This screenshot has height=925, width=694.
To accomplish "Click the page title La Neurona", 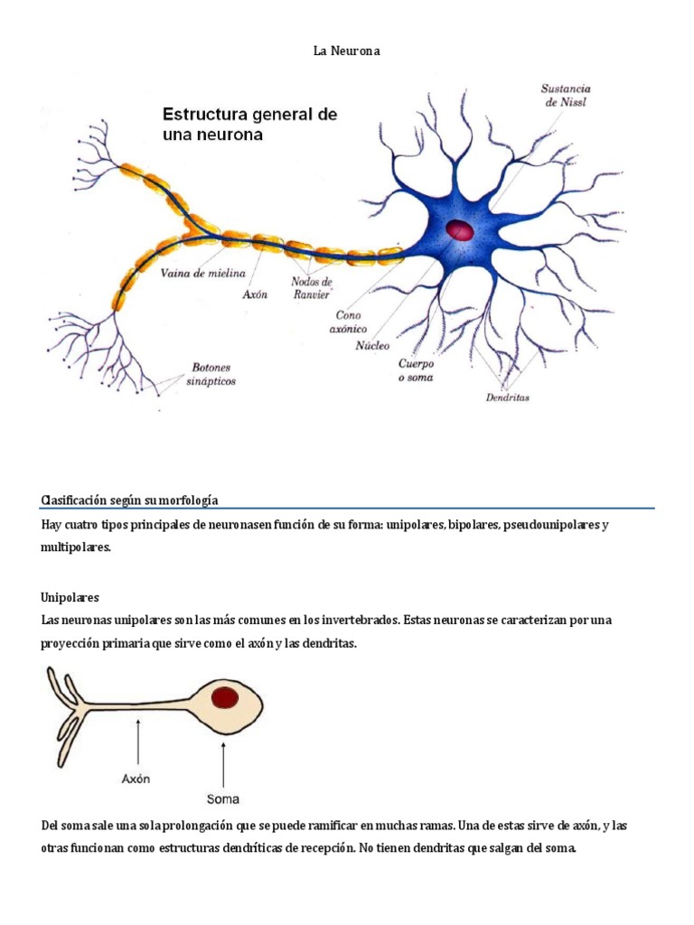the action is (346, 51).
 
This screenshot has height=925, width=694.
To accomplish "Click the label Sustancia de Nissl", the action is (566, 95).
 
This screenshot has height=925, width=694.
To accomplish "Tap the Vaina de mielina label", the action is (203, 273).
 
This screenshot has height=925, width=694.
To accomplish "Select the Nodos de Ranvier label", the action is (312, 288).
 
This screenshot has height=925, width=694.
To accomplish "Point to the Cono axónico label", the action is (348, 322).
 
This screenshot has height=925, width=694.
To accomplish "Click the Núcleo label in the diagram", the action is (372, 346).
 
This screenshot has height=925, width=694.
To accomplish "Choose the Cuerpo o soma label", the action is (416, 370).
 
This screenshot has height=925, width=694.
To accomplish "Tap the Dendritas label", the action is (508, 397).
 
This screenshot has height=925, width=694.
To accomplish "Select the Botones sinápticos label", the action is (211, 374).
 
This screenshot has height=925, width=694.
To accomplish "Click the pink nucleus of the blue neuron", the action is (460, 230).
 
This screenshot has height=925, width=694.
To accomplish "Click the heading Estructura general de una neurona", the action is (249, 124).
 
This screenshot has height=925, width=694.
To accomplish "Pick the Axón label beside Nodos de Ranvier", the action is (255, 294).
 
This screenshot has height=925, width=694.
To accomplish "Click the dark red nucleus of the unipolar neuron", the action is (225, 698).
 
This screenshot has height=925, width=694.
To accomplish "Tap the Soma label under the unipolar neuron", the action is (223, 799).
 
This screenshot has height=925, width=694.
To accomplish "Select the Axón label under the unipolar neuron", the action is (136, 779).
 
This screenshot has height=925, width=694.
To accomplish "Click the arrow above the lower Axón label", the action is (138, 742).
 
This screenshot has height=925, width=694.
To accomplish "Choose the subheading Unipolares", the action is (70, 598).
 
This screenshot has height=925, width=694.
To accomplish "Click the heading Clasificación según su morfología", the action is (129, 500).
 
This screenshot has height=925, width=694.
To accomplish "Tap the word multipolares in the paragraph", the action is (76, 547).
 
